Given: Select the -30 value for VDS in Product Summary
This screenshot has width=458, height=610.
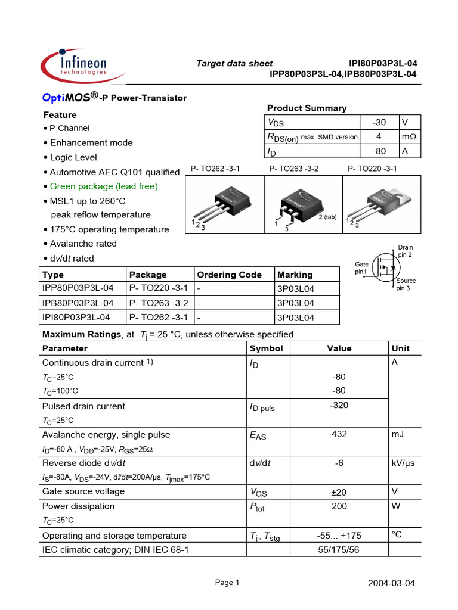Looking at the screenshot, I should [379, 122].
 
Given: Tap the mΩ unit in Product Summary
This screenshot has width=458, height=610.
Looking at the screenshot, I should [409, 137].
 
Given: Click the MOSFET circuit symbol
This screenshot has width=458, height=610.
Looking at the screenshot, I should [385, 269].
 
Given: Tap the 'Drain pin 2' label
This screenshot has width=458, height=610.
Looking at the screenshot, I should [406, 251].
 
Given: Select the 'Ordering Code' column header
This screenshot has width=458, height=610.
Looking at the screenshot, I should [229, 275].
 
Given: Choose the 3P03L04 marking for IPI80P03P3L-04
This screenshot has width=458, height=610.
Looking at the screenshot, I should [295, 318].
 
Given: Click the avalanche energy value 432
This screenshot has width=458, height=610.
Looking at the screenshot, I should [339, 435].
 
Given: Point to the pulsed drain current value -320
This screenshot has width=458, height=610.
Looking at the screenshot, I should [339, 406].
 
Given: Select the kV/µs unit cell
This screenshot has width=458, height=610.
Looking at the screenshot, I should [404, 463].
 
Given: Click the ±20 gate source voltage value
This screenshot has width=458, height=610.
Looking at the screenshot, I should [339, 491].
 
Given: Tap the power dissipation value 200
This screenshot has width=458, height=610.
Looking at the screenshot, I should [339, 506].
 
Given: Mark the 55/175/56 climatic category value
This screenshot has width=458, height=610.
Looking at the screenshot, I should [339, 550].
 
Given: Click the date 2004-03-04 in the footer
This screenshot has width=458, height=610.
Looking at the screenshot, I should [391, 583].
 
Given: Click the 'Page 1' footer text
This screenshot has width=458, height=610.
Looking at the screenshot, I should [227, 583].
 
